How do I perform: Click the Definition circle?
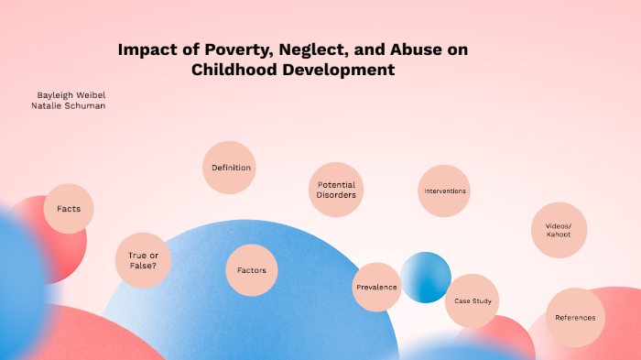coord(228,168)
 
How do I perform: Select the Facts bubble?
coord(69,209)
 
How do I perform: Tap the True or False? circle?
coord(142,260)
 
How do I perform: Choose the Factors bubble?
coord(252,270)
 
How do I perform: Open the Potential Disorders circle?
coord(336,190)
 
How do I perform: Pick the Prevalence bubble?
coord(376,287)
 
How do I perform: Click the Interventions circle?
coord(444,191)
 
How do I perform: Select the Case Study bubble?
coord(473,300)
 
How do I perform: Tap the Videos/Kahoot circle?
coord(559,229)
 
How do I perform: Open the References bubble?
coord(575,318)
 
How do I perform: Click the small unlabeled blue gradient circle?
coord(426,277)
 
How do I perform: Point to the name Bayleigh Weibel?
coord(72,94)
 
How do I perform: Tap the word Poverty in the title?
coord(218,50)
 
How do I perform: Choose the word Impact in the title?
coord(146,50)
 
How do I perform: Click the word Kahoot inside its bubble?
coord(559,235)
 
